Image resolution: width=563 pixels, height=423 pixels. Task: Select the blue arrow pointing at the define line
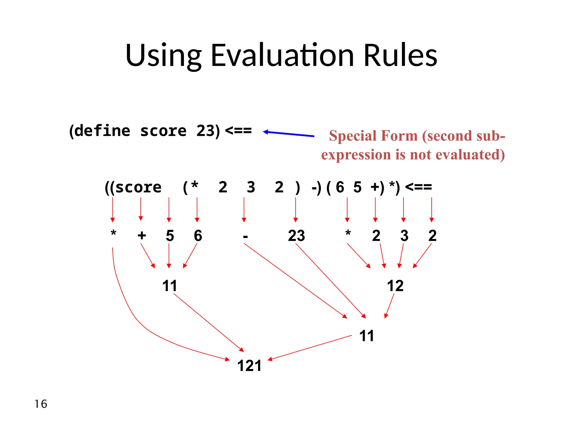point(289,134)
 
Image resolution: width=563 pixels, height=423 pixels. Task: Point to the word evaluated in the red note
point(470,154)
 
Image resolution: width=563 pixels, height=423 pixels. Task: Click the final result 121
point(249,366)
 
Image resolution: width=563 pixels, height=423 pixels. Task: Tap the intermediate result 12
point(395,286)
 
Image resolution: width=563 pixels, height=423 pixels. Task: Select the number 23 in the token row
point(296,236)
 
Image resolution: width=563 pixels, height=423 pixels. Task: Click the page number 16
point(41,404)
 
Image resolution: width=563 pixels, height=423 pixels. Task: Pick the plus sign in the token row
point(142,235)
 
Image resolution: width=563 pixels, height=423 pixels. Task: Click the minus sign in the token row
point(245,236)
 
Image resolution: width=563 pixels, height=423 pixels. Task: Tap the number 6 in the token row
point(198,236)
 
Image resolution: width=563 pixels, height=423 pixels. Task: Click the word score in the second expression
point(138,188)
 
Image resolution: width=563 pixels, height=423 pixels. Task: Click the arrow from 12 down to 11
point(390,306)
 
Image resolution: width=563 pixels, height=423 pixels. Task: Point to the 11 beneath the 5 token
point(169,286)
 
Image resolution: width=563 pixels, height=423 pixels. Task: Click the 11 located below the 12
point(366,336)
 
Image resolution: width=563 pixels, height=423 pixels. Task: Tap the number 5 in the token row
point(170,236)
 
